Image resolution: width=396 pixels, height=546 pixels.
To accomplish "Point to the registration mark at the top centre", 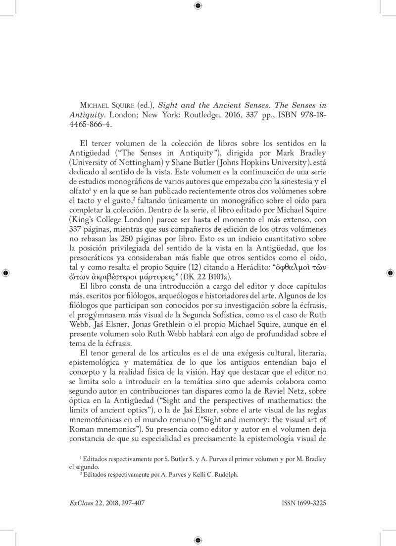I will pyautogui.click(x=198, y=6).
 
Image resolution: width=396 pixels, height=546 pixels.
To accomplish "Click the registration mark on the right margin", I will pyautogui.click(x=390, y=273).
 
